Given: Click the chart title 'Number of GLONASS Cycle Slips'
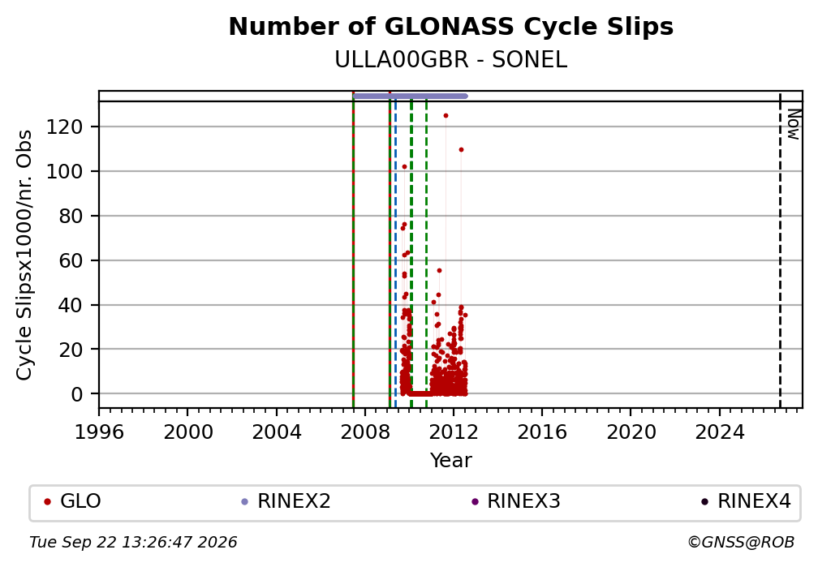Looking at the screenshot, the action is point(450,27).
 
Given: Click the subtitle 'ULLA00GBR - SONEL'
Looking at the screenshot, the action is point(450,60).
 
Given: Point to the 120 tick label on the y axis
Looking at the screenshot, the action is point(65,127).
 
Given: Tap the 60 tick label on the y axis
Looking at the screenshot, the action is point(71,260).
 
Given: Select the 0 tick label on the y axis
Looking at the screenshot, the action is point(77,394).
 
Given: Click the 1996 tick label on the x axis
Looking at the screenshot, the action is point(99,432).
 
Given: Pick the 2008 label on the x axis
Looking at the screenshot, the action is point(365,432).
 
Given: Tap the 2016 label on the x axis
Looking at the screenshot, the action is point(542,432).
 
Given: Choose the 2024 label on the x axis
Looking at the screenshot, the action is point(719,432).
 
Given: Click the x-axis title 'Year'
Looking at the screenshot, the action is point(450,460).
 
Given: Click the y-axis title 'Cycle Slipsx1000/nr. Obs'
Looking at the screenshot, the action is point(24,255).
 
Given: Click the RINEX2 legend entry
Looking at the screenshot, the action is point(286,501).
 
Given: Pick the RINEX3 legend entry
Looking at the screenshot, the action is point(515,501).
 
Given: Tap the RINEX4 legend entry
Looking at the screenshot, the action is point(746,501).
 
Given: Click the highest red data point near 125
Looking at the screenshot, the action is point(446,116).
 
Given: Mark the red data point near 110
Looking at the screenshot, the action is point(461,150).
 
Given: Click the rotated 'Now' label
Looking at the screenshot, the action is point(794,124).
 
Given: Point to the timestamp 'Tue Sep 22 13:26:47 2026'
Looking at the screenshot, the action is point(133,543).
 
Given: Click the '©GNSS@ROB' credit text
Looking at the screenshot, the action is point(741,543).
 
